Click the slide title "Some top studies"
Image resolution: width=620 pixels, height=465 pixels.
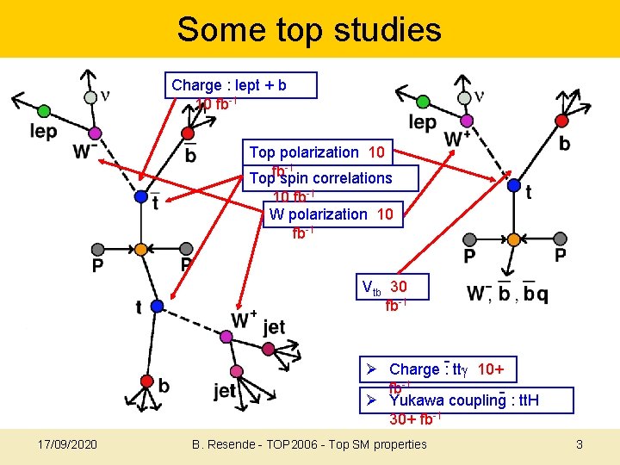click(309, 29)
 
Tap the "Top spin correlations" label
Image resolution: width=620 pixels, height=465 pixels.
click(320, 178)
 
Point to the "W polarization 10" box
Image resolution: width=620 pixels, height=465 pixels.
click(331, 214)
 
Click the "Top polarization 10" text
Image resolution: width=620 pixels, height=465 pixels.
click(317, 152)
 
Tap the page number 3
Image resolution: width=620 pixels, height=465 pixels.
click(580, 444)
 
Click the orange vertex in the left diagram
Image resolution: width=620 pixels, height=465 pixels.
click(141, 250)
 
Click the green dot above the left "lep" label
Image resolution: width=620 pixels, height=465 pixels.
click(44, 110)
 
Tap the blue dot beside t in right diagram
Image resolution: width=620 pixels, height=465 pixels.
click(513, 184)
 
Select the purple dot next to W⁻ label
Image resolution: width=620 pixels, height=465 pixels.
click(95, 133)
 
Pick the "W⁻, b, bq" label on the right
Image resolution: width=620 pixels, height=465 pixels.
click(507, 294)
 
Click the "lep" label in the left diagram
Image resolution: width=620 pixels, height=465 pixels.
click(43, 131)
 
